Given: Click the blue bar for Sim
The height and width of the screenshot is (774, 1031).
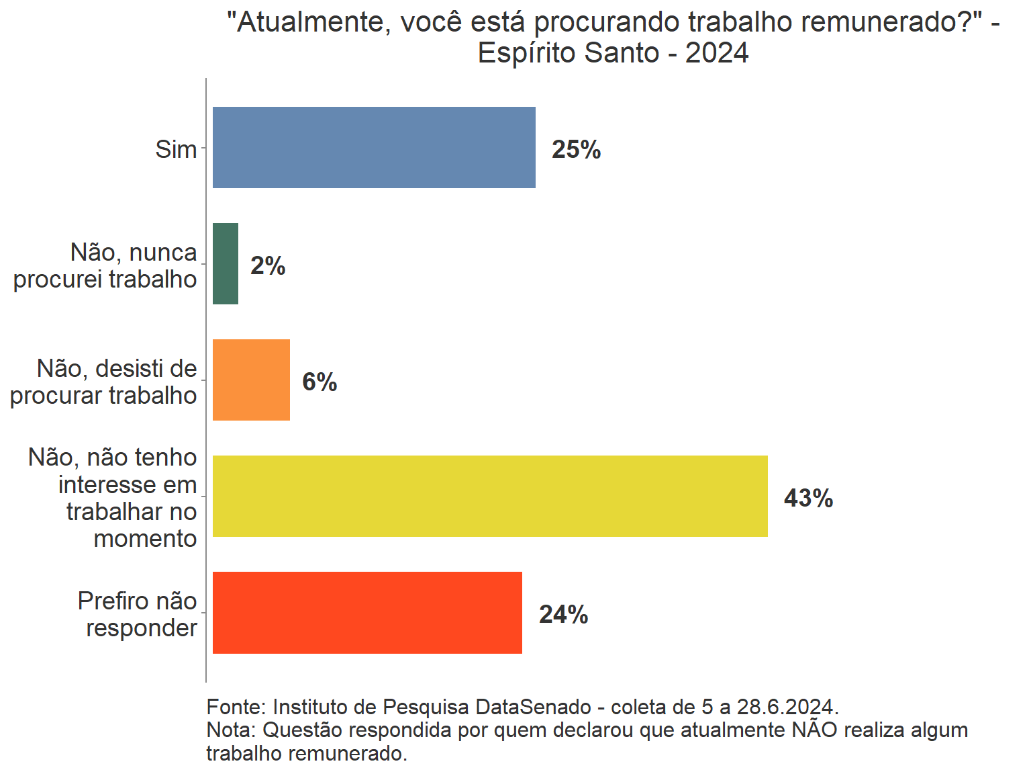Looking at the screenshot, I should pyautogui.click(x=374, y=147).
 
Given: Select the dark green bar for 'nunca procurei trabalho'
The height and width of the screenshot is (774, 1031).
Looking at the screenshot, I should pyautogui.click(x=226, y=263).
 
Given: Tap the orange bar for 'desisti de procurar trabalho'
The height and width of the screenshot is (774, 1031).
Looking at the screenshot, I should pyautogui.click(x=251, y=380).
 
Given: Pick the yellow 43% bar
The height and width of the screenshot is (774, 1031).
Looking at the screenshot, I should pyautogui.click(x=490, y=496).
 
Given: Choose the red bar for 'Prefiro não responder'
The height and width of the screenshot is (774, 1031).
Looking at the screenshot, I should pyautogui.click(x=367, y=612).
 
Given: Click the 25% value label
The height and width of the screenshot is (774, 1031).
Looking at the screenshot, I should pyautogui.click(x=576, y=149).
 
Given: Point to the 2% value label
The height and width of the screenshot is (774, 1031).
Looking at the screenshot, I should pyautogui.click(x=268, y=265).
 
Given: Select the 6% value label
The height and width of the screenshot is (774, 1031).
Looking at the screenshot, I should pyautogui.click(x=320, y=382).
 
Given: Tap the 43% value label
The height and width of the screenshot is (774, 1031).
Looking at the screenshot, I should pyautogui.click(x=808, y=498).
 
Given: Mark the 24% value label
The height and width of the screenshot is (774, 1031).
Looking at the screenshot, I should pyautogui.click(x=563, y=614).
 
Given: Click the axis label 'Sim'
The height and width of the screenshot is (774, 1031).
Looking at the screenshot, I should pyautogui.click(x=176, y=149).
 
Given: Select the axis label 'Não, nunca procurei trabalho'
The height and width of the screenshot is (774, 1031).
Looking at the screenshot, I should pyautogui.click(x=106, y=265).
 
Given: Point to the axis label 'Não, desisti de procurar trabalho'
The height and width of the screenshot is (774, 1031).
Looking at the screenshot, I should pyautogui.click(x=104, y=382).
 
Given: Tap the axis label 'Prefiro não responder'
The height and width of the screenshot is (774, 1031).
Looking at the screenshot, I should pyautogui.click(x=138, y=614).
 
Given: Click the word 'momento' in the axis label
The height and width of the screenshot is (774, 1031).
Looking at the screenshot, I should pyautogui.click(x=145, y=538).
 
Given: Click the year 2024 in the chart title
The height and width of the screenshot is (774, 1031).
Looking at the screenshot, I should pyautogui.click(x=717, y=52).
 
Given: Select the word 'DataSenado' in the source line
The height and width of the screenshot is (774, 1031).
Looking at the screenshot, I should pyautogui.click(x=533, y=707).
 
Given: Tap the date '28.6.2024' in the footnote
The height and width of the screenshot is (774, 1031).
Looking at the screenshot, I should pyautogui.click(x=787, y=707).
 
